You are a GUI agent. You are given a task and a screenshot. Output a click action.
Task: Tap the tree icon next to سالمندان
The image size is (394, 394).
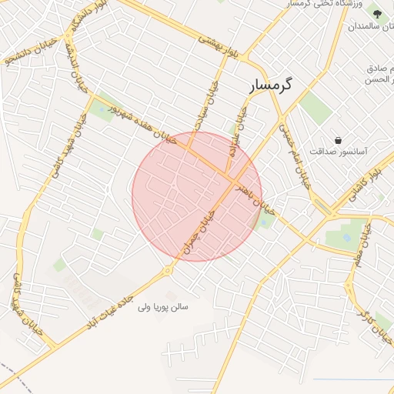click(x=376, y=13)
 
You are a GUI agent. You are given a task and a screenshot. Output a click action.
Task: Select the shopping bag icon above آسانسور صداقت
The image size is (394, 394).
click(x=339, y=139)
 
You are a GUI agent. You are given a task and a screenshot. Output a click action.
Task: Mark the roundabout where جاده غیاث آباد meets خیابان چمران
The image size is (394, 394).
click(x=167, y=271)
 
